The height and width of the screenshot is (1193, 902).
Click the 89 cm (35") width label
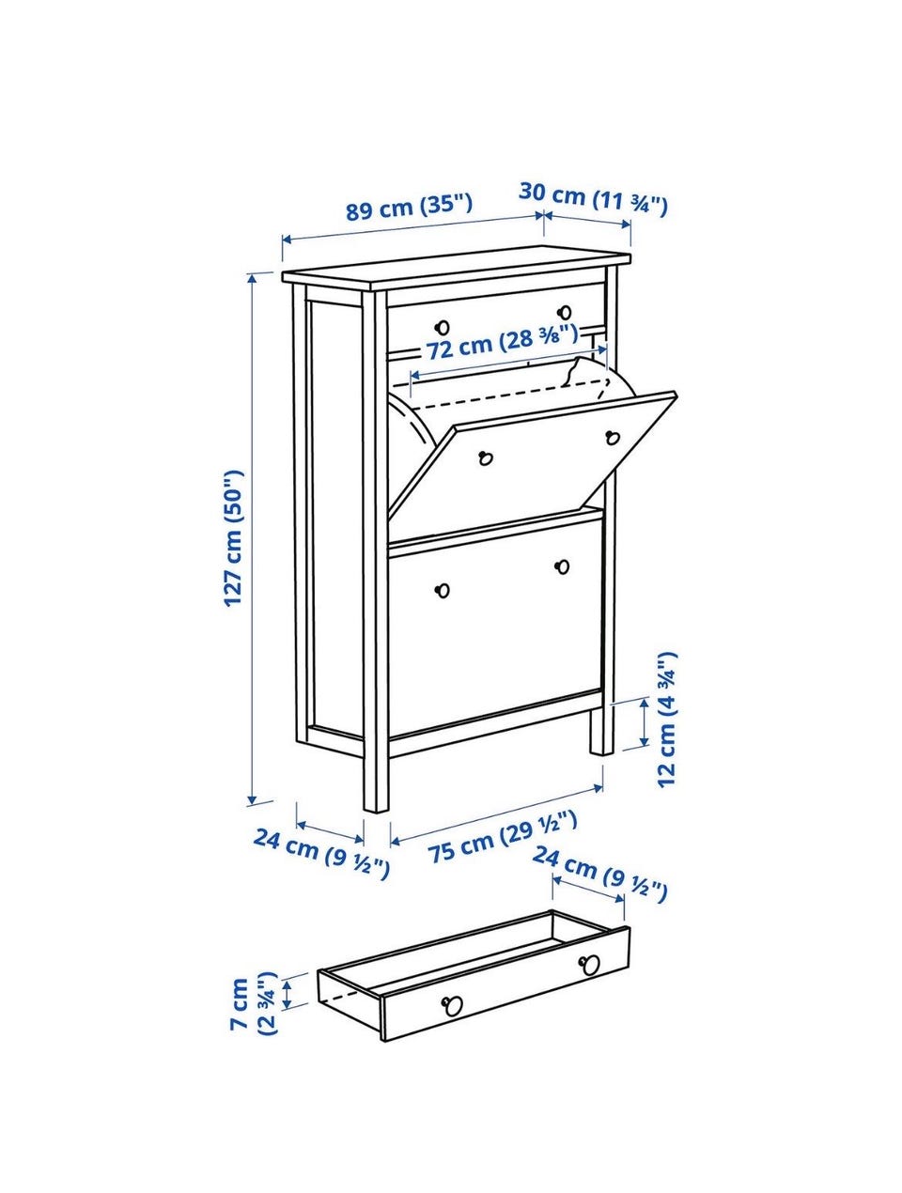(x=409, y=207)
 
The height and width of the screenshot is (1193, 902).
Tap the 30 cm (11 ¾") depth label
(x=593, y=199)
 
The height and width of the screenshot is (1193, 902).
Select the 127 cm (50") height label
(x=234, y=538)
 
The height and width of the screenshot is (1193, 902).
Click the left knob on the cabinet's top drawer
(x=443, y=327)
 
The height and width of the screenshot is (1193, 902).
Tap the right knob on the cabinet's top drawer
(x=565, y=312)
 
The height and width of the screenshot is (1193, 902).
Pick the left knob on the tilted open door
(x=485, y=458)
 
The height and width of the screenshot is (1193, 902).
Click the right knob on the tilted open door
(x=613, y=437)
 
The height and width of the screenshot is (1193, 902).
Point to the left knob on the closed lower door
(x=443, y=590)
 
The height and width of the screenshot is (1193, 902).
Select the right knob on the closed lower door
(x=563, y=566)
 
